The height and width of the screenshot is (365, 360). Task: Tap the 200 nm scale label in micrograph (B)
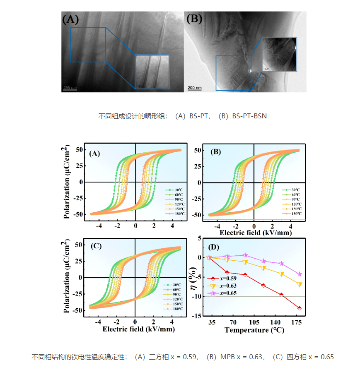[x=194, y=88]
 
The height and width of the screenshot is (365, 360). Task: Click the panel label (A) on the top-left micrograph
[x=70, y=19]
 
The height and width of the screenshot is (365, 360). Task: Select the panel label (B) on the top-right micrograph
[x=194, y=19]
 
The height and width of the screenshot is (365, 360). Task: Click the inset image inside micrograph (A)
[x=152, y=72]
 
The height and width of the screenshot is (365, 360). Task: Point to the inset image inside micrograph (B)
[x=280, y=54]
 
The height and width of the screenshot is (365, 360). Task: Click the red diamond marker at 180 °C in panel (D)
[x=299, y=308]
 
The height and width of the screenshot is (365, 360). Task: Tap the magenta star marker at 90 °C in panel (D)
[x=245, y=255]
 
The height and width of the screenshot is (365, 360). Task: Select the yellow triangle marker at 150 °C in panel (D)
[x=282, y=274]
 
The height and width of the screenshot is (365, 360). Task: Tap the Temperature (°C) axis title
[x=254, y=330]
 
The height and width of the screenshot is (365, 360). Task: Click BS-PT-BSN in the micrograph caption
[x=249, y=116]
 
